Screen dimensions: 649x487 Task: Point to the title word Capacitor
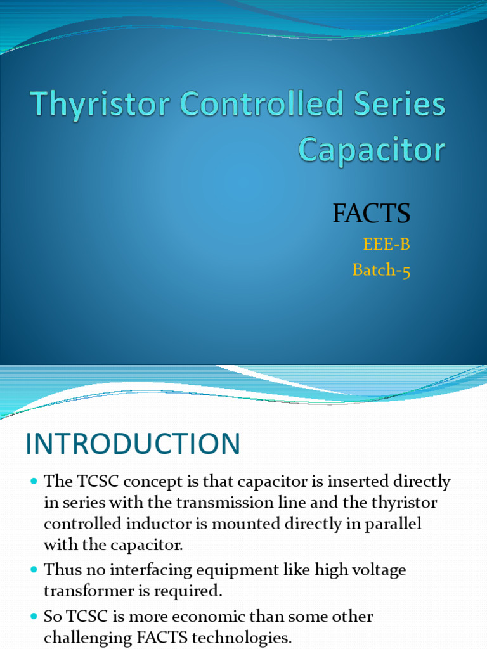(372, 150)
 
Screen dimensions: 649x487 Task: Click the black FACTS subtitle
(372, 214)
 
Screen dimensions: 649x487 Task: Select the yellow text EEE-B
(382, 245)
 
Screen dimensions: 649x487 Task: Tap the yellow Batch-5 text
(381, 271)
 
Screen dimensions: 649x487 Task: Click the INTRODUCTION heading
(133, 444)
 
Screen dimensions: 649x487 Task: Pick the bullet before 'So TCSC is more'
(34, 617)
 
